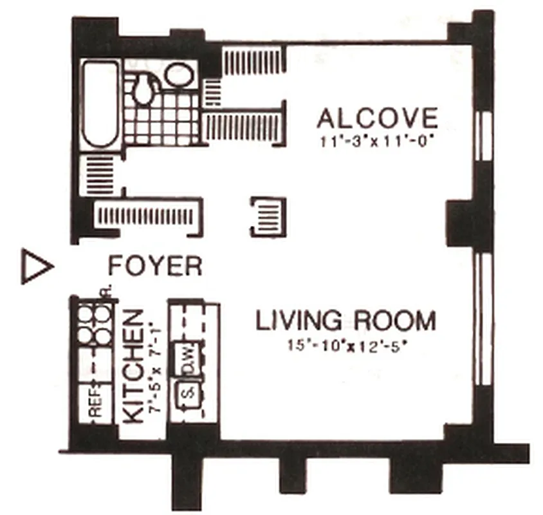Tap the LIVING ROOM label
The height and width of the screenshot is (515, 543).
pos(346,321)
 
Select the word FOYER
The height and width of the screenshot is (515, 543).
pos(155,265)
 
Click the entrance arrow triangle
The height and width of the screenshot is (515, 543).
pos(35,265)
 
